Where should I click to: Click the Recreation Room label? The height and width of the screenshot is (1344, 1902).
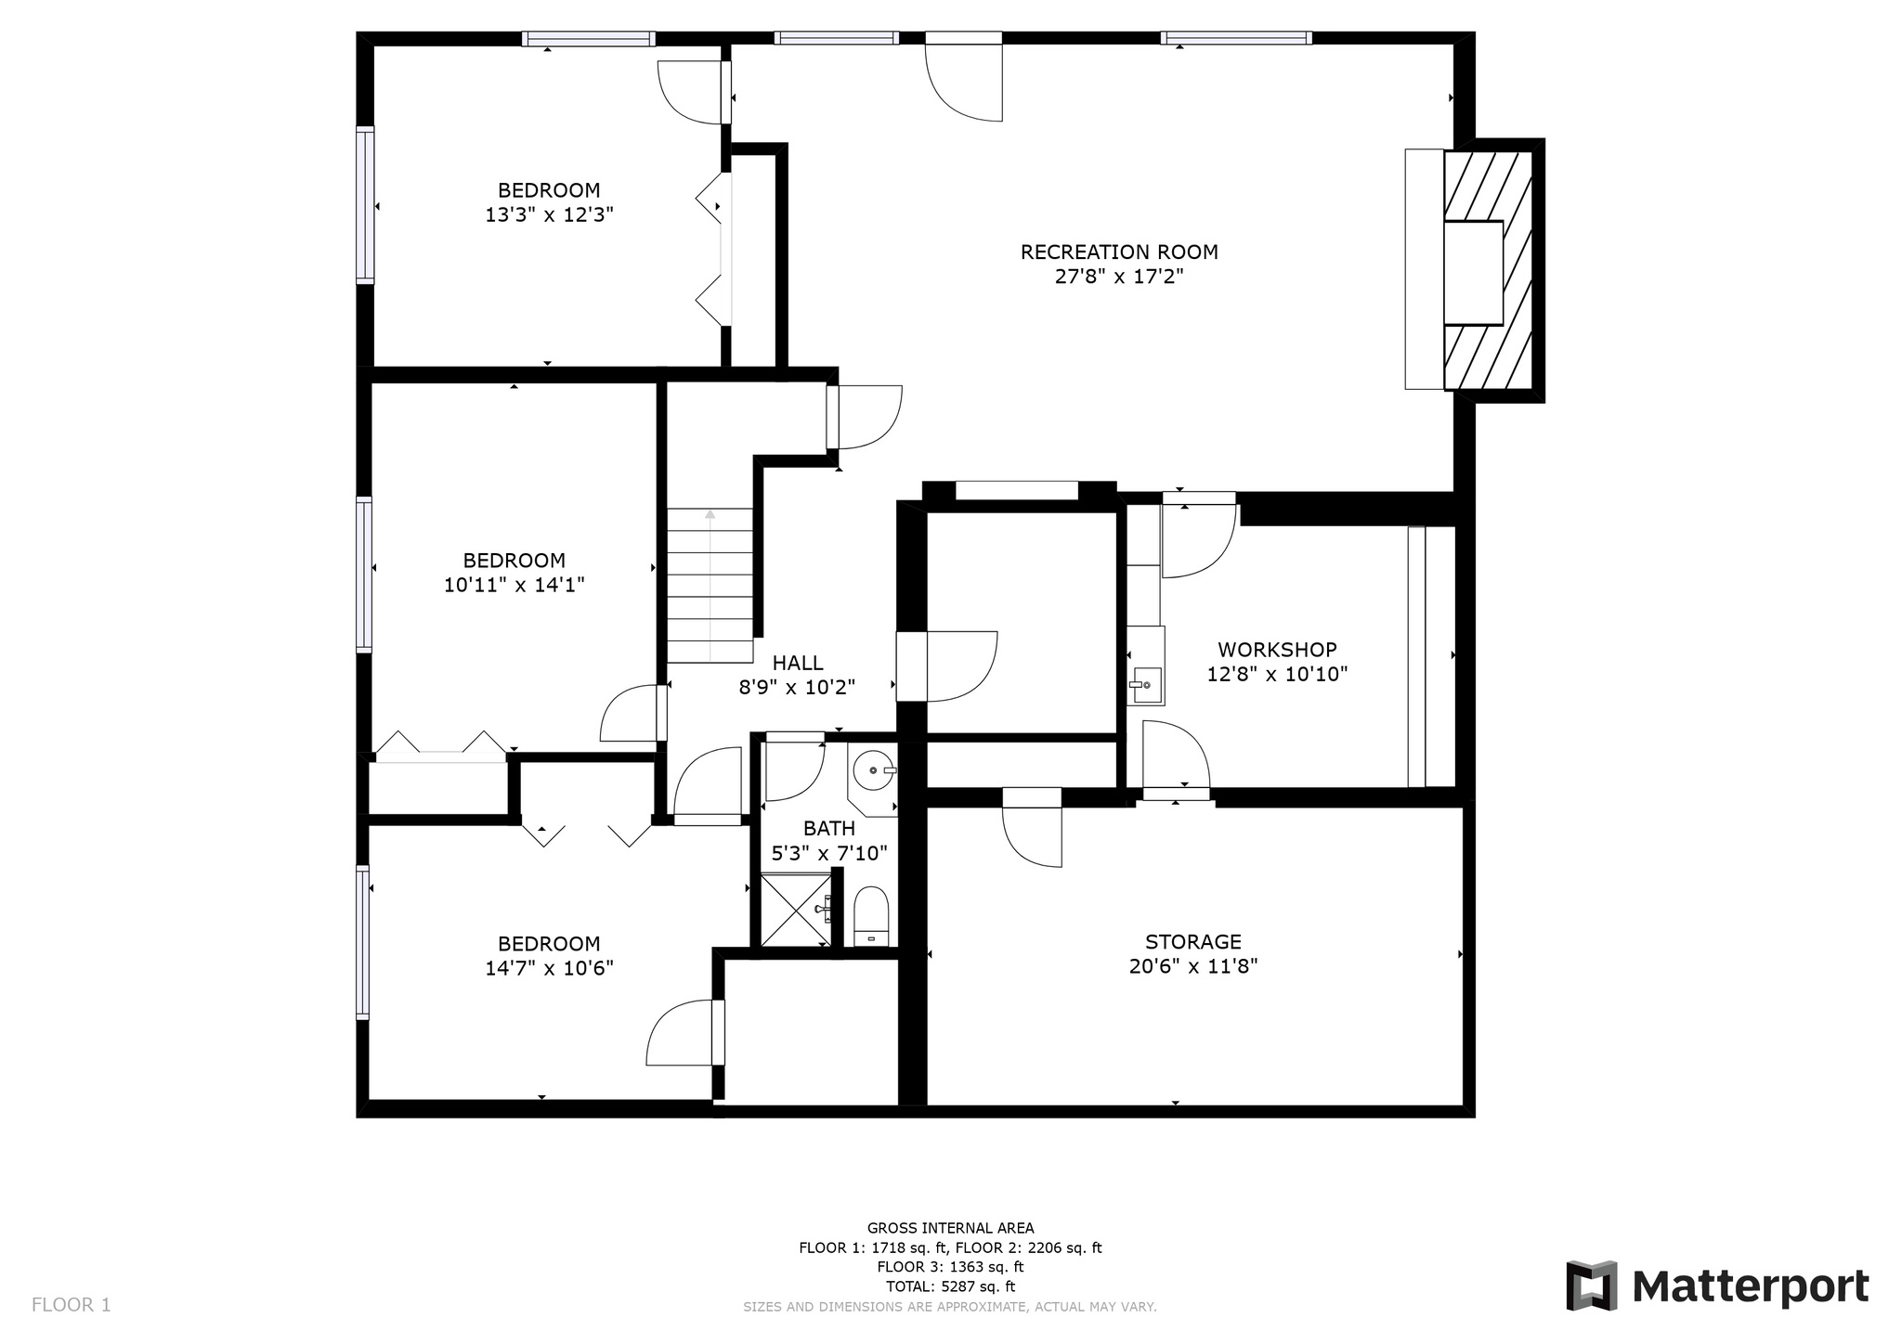(1119, 252)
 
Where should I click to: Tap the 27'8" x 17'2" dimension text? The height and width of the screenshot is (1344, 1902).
(1119, 277)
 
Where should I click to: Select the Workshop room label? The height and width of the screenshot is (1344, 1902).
(1277, 650)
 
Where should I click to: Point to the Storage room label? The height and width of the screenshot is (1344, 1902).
(1193, 942)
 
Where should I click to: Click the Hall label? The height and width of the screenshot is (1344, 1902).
(798, 663)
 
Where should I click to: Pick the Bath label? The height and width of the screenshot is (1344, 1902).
(829, 828)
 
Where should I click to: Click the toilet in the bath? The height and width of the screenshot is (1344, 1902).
(871, 916)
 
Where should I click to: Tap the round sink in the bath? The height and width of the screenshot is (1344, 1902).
(874, 770)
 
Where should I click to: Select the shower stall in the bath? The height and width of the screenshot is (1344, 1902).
(796, 910)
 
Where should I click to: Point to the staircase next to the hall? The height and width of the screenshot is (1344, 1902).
(710, 585)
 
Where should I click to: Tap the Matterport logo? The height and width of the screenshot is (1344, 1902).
(1717, 1286)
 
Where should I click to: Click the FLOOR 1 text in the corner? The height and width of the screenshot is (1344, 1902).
(72, 1305)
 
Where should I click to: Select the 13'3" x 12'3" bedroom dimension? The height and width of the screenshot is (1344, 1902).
(549, 215)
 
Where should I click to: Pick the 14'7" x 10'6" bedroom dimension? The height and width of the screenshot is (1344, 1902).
(549, 969)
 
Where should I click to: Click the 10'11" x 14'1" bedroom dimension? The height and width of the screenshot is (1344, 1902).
(514, 585)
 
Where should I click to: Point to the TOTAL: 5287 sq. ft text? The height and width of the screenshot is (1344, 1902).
(950, 1286)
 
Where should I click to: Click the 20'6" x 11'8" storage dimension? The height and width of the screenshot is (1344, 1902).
(1193, 966)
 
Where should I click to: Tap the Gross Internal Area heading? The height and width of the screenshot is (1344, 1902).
(950, 1228)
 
